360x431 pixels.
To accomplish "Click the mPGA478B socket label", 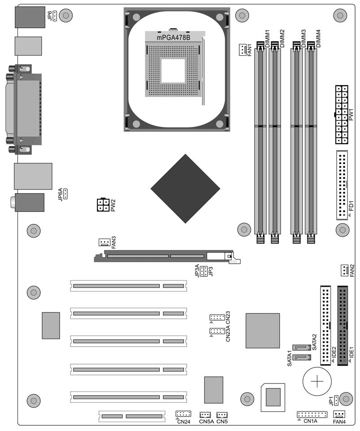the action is click(x=173, y=38).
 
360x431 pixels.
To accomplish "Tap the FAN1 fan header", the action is click(x=242, y=50).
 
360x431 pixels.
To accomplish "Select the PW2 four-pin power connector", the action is click(x=103, y=205).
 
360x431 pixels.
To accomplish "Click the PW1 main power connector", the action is click(x=342, y=114).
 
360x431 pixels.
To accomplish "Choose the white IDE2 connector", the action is click(x=325, y=326).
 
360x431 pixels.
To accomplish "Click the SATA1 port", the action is click(x=302, y=357).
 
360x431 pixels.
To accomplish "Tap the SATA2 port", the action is click(x=302, y=348).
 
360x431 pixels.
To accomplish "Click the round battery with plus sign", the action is click(x=317, y=382).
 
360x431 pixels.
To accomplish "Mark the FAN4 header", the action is click(x=339, y=414).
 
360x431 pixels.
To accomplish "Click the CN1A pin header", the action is click(x=312, y=414).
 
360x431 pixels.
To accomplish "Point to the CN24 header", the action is click(x=183, y=414).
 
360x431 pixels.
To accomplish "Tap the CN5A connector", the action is click(x=205, y=415).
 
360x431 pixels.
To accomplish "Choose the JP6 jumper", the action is click(x=55, y=16).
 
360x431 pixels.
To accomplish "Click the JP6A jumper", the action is click(x=66, y=194).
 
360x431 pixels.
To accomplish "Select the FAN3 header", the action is click(x=104, y=242).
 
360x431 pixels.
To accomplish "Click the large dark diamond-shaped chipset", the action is click(x=185, y=188).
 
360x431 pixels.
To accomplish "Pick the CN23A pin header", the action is click(x=217, y=331).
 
